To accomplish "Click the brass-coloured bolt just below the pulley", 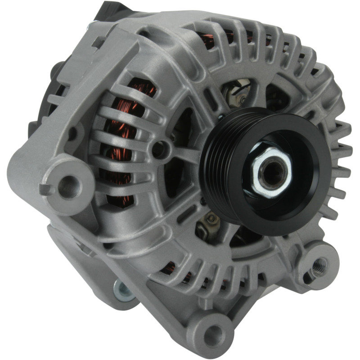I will [x=211, y=220].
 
